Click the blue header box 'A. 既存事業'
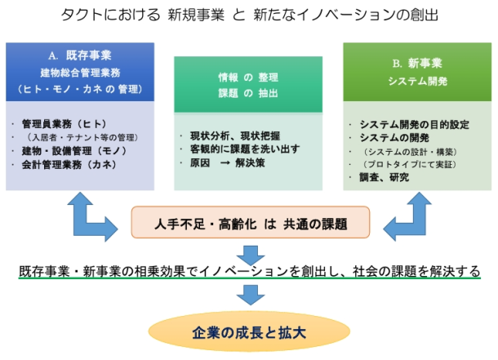[x=80, y=72]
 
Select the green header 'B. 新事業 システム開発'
[x=417, y=72]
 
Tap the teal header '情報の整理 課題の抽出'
[x=248, y=84]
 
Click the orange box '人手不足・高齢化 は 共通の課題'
[x=251, y=222]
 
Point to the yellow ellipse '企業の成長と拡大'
[x=249, y=331]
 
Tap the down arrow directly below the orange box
[x=251, y=255]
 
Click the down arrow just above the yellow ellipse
[x=251, y=295]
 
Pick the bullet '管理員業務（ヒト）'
[x=64, y=124]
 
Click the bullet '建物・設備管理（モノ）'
[x=74, y=151]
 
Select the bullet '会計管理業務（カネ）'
[x=69, y=164]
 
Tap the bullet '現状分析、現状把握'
[x=235, y=136]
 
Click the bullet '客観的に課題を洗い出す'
[x=245, y=149]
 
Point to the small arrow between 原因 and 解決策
[x=225, y=163]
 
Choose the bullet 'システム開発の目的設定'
[x=415, y=124]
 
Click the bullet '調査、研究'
[x=385, y=177]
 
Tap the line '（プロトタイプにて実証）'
[x=410, y=164]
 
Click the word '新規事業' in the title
[x=196, y=15]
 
